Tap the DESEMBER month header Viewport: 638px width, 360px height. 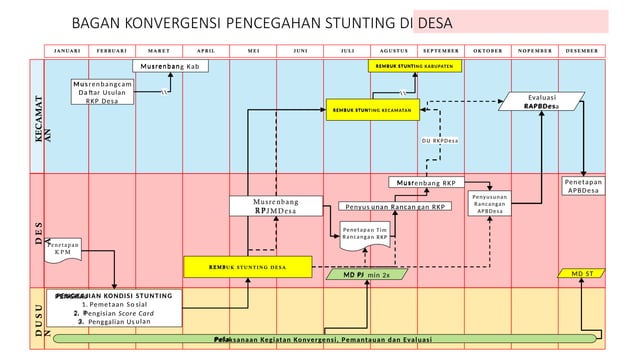point(581,49)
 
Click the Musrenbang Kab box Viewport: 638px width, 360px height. point(173,67)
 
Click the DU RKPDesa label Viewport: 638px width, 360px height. point(438,141)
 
